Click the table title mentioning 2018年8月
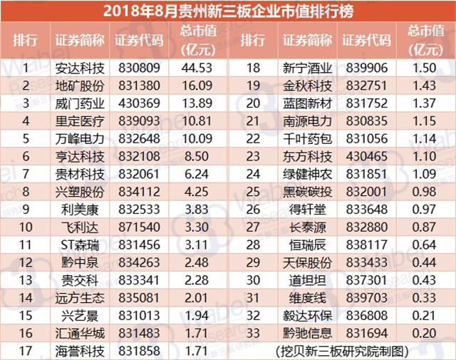[x=228, y=11]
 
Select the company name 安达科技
[x=80, y=69]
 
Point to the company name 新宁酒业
[x=309, y=69]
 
